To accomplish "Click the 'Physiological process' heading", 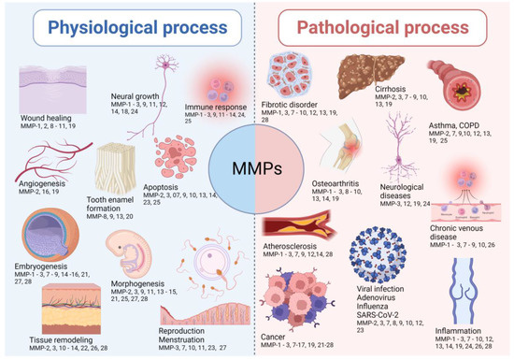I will pos(127,26).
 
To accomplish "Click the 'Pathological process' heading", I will pos(383,26).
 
